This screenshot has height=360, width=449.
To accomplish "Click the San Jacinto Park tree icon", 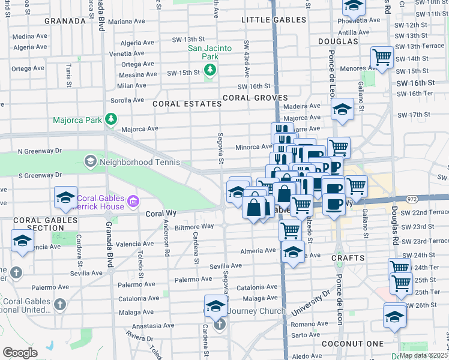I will click(x=209, y=71).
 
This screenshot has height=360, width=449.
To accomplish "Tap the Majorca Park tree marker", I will click(x=111, y=120).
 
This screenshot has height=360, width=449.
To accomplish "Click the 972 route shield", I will click(x=411, y=197).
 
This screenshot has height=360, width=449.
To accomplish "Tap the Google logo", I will click(x=20, y=353).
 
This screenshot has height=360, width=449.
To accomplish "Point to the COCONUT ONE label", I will click(x=361, y=343).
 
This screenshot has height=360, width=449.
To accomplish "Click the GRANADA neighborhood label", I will click(x=65, y=20).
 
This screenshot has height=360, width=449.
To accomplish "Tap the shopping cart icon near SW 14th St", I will click(x=382, y=57).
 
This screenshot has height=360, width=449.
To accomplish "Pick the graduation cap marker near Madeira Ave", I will click(x=342, y=109).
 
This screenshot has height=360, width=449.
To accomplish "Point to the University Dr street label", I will click(x=310, y=304).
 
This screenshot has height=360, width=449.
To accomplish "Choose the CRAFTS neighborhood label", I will click(x=348, y=258).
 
